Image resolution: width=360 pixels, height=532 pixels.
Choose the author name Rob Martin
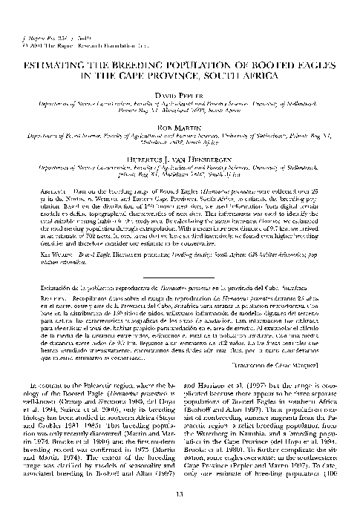pyautogui.click(x=179, y=129)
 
